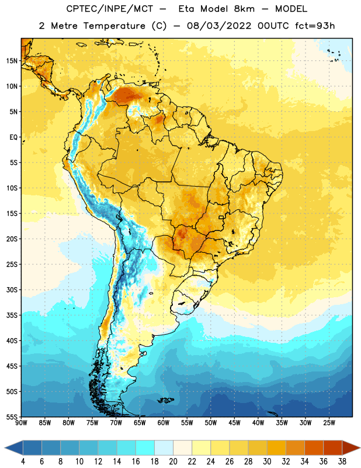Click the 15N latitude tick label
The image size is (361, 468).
click(x=12, y=61)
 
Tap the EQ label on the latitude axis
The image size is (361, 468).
click(x=13, y=137)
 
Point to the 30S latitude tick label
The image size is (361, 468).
click(x=12, y=290)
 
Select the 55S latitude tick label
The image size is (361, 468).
click(x=12, y=417)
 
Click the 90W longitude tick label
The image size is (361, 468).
click(x=21, y=423)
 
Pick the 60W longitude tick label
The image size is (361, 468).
click(x=164, y=423)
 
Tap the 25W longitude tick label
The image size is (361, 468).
click(x=329, y=423)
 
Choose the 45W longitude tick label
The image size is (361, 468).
click(x=234, y=423)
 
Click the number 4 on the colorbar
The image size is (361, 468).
click(x=23, y=462)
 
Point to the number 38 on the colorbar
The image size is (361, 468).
click(x=342, y=462)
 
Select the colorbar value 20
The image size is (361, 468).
click(x=173, y=462)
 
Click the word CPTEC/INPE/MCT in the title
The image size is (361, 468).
click(x=109, y=9)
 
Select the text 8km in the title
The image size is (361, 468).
click(x=244, y=9)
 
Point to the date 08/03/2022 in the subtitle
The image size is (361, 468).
click(x=219, y=26)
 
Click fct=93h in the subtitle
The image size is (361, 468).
click(x=315, y=26)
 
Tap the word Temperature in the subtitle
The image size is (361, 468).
click(x=114, y=26)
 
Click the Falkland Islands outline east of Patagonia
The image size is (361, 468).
click(x=165, y=400)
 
